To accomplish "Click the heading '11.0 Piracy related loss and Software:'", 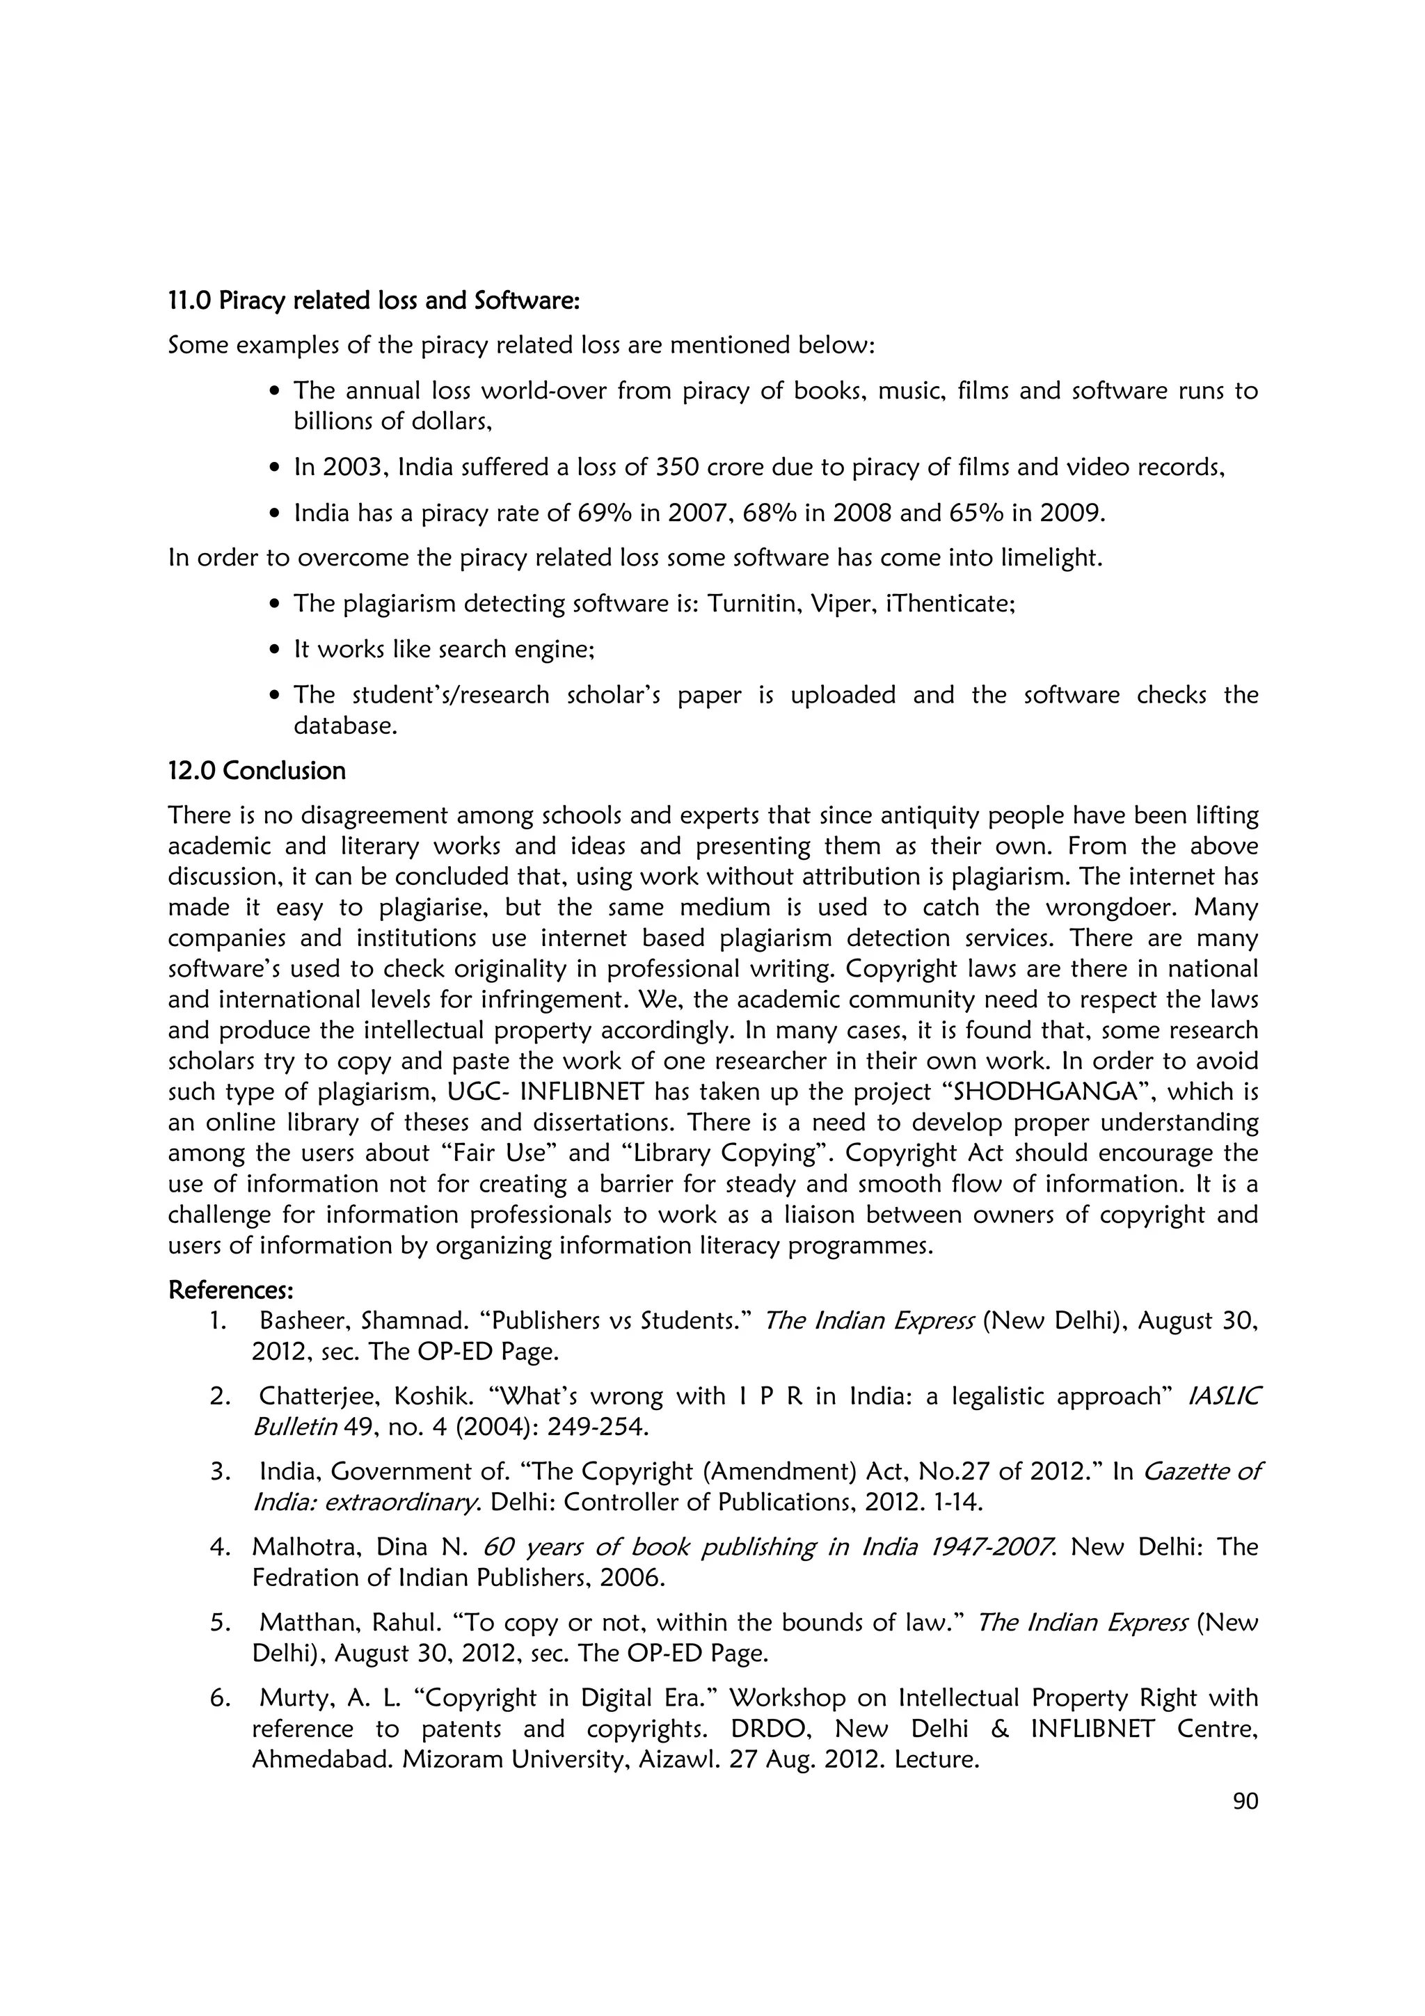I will (x=374, y=301).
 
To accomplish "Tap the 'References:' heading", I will (x=230, y=1290).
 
